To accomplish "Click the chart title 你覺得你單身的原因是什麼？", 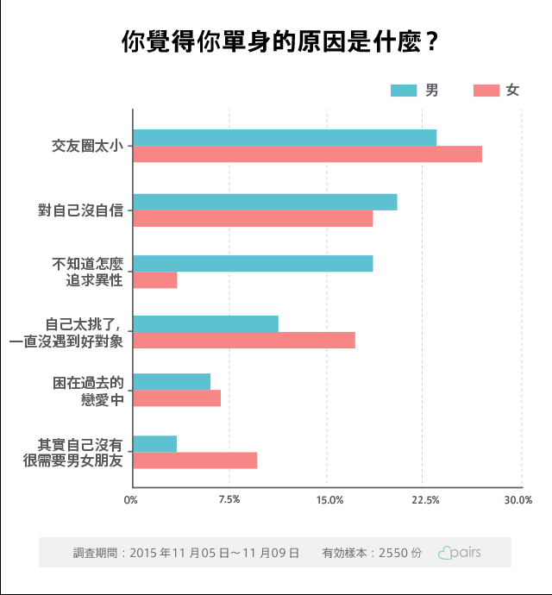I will pyautogui.click(x=276, y=41).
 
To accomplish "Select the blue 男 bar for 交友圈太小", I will pyautogui.click(x=285, y=137).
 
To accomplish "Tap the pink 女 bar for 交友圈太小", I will pyautogui.click(x=307, y=154).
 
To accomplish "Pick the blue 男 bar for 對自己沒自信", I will pyautogui.click(x=265, y=202).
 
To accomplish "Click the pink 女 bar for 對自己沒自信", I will pyautogui.click(x=253, y=219).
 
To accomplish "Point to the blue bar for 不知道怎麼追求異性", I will pyautogui.click(x=253, y=263).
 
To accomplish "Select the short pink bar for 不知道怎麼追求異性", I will pyautogui.click(x=155, y=280).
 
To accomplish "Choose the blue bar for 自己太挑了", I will pyautogui.click(x=205, y=324).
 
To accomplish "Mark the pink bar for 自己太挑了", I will pyautogui.click(x=244, y=341).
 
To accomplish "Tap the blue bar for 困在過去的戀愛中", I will pyautogui.click(x=172, y=381).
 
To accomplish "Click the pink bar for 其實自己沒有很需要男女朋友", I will pyautogui.click(x=195, y=460).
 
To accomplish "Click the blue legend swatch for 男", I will pyautogui.click(x=404, y=91).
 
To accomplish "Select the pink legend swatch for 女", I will pyautogui.click(x=486, y=91).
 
